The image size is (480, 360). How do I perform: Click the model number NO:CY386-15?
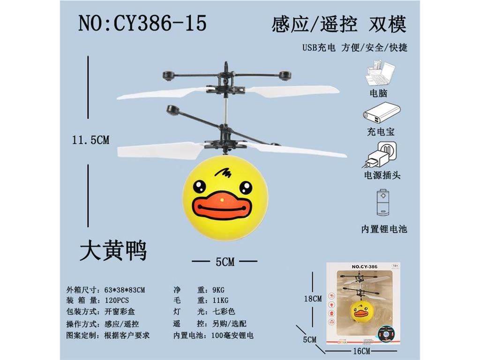(142, 23)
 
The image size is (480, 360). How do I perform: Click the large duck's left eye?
(199, 186)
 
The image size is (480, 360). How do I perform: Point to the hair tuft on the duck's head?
(223, 173)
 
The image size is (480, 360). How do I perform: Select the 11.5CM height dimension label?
(90, 140)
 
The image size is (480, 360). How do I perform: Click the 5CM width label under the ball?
(225, 262)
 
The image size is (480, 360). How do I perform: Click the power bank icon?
(382, 113)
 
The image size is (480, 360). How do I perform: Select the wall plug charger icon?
(380, 155)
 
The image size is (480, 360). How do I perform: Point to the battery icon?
(382, 203)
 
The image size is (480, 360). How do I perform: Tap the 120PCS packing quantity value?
(117, 300)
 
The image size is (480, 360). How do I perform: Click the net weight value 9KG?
(218, 290)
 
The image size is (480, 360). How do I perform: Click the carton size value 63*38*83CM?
(125, 290)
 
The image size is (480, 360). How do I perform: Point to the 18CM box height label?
(313, 299)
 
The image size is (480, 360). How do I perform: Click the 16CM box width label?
(361, 351)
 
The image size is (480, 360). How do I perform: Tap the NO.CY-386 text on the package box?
(365, 267)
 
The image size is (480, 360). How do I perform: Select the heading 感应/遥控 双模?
(339, 24)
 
